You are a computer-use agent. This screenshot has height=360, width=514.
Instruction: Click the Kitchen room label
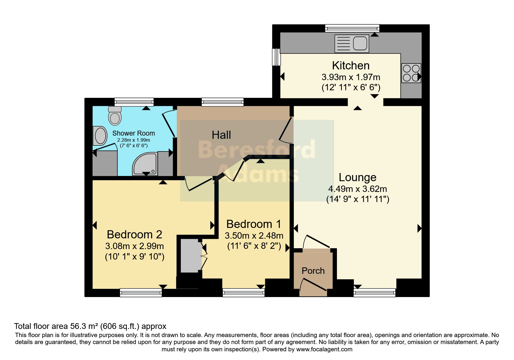351,66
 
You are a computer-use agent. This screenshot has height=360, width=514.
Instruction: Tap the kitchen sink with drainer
352,44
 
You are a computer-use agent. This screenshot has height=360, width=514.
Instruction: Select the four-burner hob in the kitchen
411,73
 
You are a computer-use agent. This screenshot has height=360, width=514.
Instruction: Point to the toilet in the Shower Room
115,116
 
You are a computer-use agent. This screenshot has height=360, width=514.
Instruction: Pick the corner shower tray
145,164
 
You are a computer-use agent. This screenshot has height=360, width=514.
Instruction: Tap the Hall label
221,135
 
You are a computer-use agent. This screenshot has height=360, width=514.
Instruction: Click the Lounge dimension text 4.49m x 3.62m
358,189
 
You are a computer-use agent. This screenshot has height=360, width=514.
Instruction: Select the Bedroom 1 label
254,224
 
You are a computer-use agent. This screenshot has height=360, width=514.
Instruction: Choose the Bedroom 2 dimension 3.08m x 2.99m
135,246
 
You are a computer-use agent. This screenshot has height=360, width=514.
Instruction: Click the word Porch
313,271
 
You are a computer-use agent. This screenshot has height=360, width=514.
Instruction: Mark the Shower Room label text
134,133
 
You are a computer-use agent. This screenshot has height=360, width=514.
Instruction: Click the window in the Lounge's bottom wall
374,292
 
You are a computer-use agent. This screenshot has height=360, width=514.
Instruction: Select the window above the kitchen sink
352,28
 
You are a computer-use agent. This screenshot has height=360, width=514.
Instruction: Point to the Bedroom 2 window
141,292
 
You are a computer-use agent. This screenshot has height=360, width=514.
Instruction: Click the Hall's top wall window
223,102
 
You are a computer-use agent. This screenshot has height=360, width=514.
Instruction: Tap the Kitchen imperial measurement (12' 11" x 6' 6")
351,87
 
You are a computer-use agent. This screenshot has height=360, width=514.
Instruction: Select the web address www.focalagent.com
324,350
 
